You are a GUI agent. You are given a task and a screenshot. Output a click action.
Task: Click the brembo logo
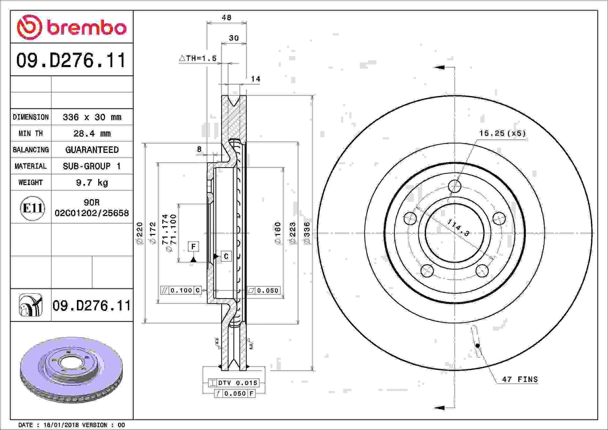[72, 27]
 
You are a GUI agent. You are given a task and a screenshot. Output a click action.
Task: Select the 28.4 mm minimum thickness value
[92, 133]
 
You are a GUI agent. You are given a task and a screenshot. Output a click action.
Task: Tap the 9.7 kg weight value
[92, 182]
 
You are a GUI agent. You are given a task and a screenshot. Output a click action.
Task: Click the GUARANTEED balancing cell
[92, 150]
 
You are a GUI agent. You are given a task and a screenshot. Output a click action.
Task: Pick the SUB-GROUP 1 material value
[92, 166]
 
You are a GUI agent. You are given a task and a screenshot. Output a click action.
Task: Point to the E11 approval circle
[32, 208]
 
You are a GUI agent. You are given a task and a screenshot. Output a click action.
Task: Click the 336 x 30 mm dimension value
[92, 117]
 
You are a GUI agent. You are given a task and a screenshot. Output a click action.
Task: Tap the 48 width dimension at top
[227, 17]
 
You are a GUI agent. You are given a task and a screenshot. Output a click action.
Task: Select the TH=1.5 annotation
[198, 58]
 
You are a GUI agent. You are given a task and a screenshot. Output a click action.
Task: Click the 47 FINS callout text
[520, 379]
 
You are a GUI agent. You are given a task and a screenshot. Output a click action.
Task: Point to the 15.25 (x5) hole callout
[502, 133]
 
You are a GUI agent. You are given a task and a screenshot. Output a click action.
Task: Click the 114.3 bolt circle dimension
[458, 227]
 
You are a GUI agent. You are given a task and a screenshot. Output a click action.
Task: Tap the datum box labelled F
[193, 247]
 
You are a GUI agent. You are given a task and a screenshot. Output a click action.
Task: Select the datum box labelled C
[226, 256]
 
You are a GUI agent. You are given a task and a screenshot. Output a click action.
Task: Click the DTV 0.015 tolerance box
[234, 383]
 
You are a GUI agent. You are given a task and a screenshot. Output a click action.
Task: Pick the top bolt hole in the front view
[455, 186]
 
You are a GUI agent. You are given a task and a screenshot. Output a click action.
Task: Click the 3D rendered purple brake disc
[71, 370]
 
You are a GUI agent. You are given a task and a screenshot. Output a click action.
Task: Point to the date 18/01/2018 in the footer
[61, 425]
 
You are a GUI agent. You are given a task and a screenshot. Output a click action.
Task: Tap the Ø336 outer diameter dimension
[307, 233]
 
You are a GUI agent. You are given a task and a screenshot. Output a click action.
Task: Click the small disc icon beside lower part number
[31, 305]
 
